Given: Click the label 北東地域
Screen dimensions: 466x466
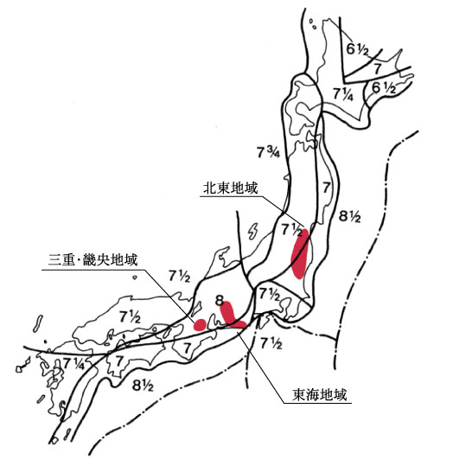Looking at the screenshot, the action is click(230, 188).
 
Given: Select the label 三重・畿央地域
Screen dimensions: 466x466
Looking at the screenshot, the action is click(93, 260).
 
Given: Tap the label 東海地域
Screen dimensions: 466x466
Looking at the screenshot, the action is click(320, 395).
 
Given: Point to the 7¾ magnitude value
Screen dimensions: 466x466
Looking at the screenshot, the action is click(268, 152).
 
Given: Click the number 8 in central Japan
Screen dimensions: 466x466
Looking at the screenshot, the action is click(220, 301).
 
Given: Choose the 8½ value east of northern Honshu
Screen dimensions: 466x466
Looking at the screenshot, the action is click(350, 216).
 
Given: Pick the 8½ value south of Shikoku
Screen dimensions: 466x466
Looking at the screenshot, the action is click(143, 386).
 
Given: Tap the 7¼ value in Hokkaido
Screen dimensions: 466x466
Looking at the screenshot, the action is click(343, 94).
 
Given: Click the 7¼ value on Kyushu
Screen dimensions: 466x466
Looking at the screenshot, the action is click(73, 364).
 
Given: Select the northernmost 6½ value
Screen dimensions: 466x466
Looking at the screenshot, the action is click(357, 49).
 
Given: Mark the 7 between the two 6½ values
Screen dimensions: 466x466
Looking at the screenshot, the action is click(378, 69).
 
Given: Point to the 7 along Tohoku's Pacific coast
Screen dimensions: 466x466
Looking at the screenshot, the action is click(326, 188).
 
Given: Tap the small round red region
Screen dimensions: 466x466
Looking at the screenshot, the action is click(200, 324).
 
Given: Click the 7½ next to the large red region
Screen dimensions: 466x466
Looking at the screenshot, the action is click(292, 230).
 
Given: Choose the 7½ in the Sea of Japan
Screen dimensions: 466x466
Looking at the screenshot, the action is click(179, 276).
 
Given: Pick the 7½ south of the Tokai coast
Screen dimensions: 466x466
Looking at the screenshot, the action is click(271, 343).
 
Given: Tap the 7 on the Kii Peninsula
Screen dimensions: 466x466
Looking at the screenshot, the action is click(187, 348).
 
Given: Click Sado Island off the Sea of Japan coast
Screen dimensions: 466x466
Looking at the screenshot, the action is click(253, 231).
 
